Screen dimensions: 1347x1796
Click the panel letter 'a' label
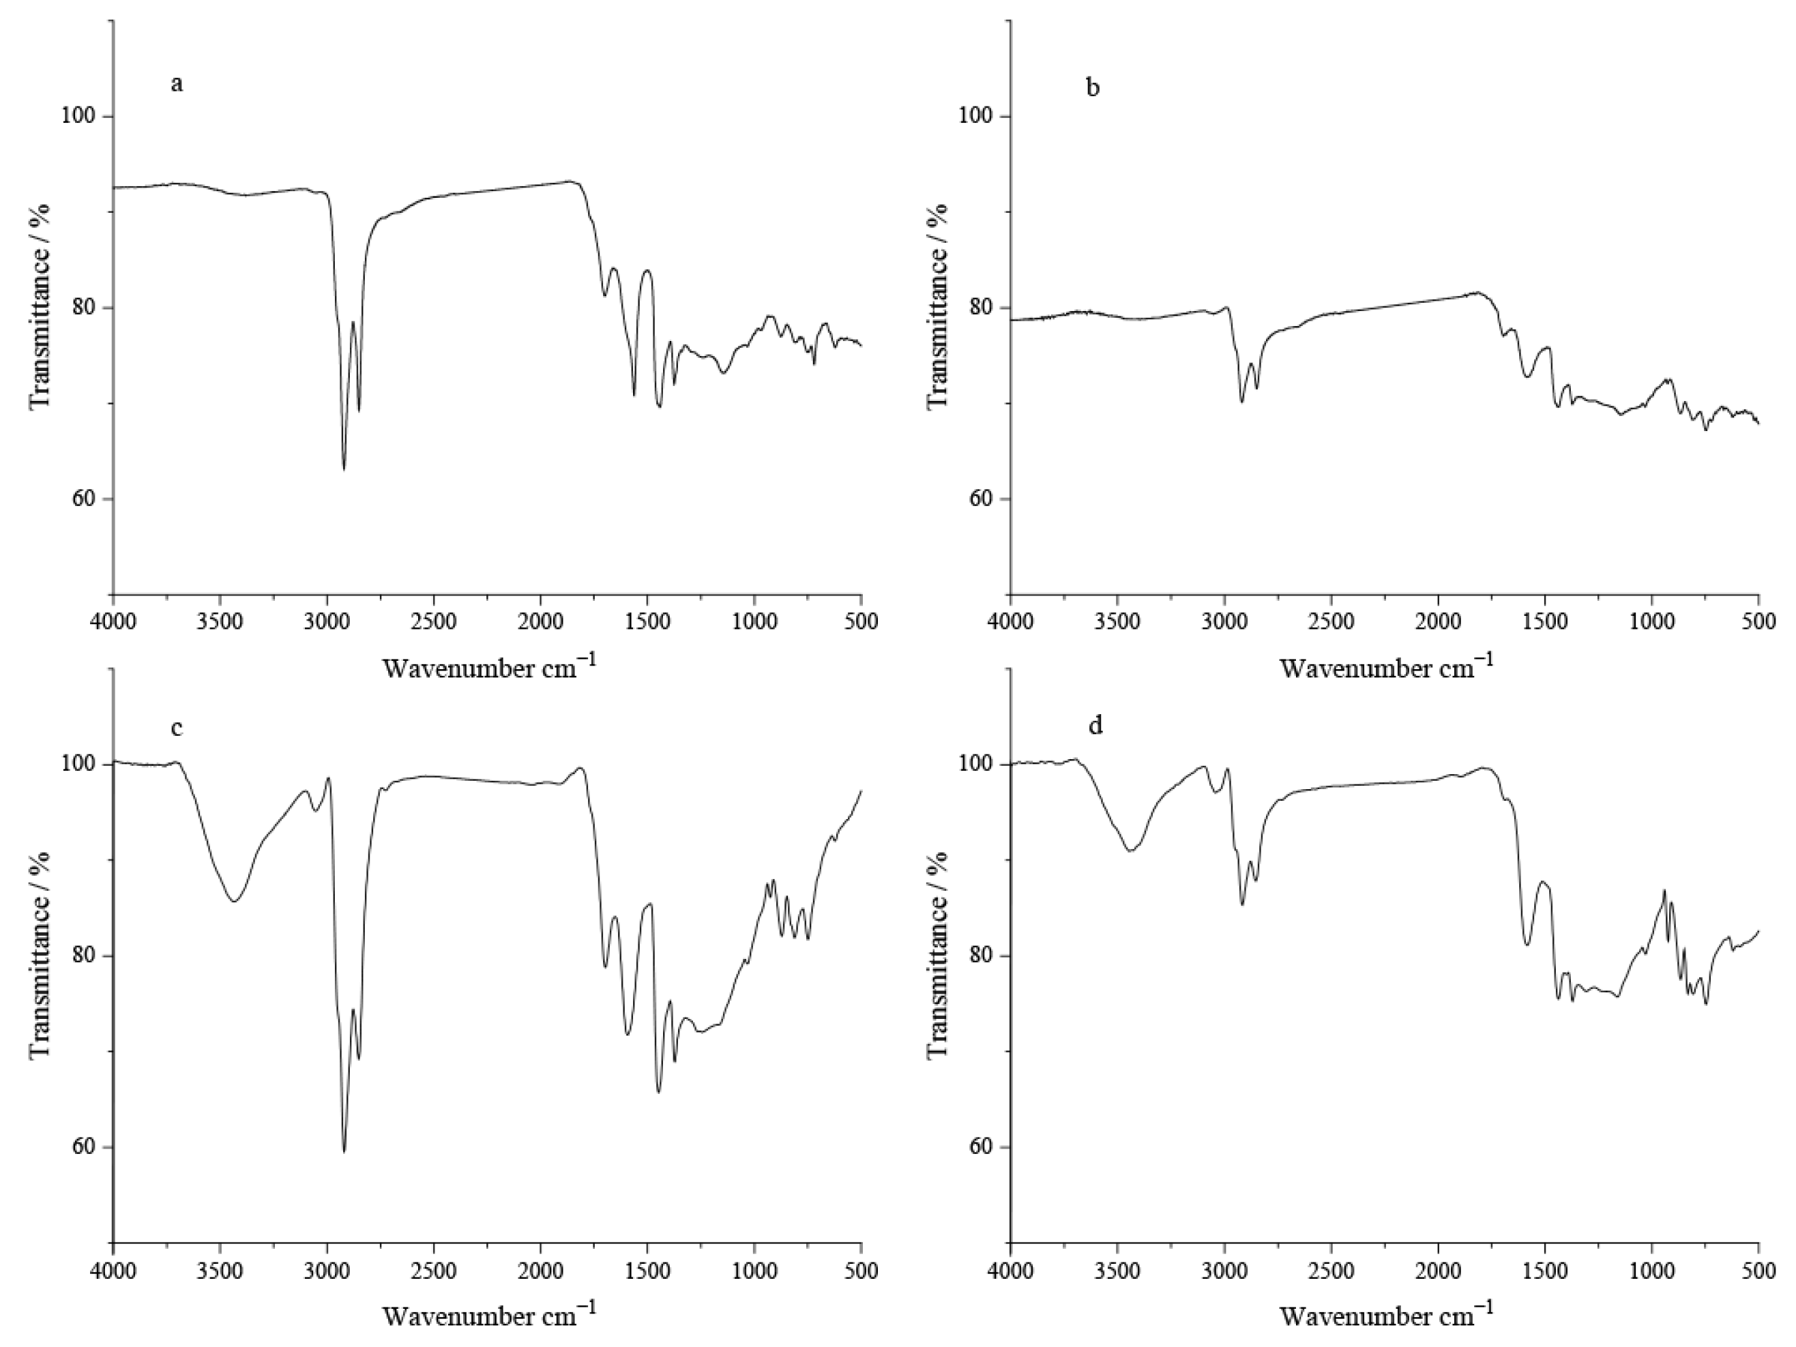click(176, 85)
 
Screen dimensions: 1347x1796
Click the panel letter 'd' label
click(1095, 725)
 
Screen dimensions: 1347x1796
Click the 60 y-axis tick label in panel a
click(80, 499)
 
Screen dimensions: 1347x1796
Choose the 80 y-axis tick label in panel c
click(80, 956)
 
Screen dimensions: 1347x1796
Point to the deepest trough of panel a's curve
click(344, 469)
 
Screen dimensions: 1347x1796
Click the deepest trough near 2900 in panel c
click(344, 1151)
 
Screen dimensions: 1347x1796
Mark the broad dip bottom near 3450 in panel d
click(1130, 851)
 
